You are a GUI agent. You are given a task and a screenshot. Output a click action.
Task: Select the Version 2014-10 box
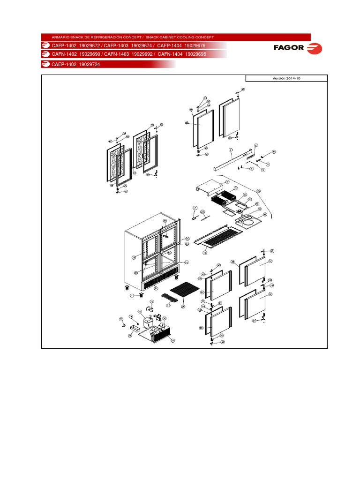click(x=286, y=78)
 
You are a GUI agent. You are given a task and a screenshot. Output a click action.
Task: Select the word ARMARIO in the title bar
click(x=60, y=37)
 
